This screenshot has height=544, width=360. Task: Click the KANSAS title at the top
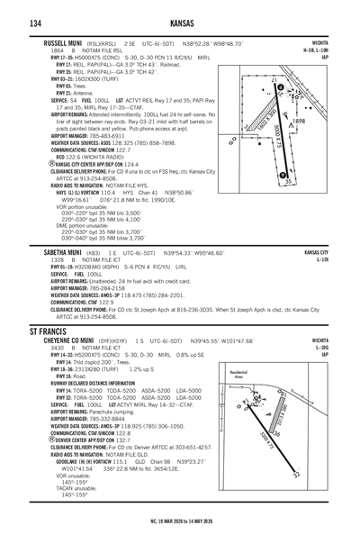181,14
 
